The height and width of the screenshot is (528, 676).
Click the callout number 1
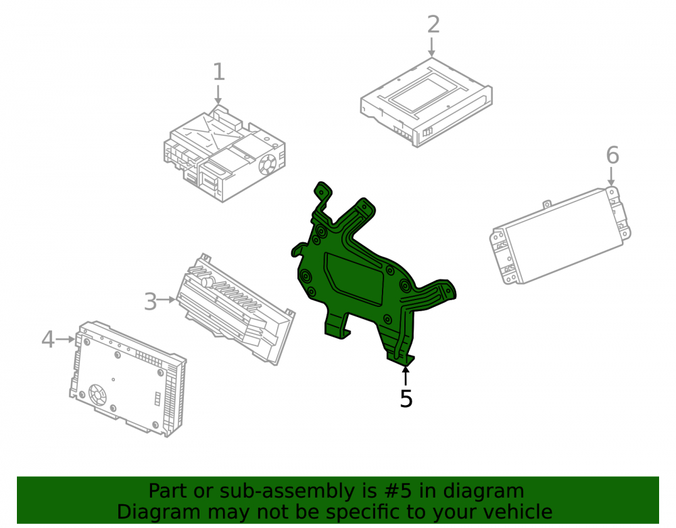(x=219, y=72)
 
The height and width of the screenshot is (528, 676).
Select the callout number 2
(x=433, y=24)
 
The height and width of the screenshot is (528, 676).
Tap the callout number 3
(x=150, y=302)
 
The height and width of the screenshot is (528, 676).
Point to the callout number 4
(x=48, y=339)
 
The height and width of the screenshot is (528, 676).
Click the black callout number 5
(x=406, y=398)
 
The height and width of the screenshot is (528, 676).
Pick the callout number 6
(x=612, y=155)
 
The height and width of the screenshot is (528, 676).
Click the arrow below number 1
(x=218, y=95)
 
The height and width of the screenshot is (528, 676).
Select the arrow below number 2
(x=431, y=47)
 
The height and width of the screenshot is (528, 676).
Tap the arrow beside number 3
(x=166, y=299)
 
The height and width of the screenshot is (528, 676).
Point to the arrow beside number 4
(x=66, y=339)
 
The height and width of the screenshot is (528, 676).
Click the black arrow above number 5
(x=405, y=375)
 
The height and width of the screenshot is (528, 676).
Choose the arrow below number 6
(x=611, y=176)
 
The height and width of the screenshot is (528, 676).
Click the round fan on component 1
(x=267, y=164)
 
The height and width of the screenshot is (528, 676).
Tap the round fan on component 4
(x=97, y=394)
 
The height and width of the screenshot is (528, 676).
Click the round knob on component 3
(x=208, y=283)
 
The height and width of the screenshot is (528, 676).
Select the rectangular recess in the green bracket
(x=354, y=279)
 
